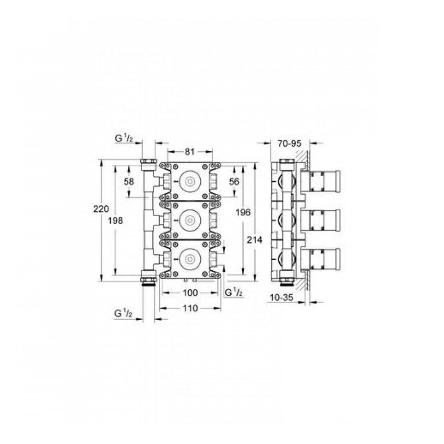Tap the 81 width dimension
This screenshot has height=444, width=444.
[190, 152]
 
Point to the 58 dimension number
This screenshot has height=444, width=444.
[129, 181]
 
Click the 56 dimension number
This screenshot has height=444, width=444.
[234, 181]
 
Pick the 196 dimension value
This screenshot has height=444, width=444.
[244, 213]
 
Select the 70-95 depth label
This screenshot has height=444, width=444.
[289, 144]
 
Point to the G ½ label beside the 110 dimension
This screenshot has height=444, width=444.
[124, 313]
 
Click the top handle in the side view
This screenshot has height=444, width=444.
[321, 181]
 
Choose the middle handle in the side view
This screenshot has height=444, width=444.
[321, 219]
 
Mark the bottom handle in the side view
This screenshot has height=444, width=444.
[321, 258]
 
